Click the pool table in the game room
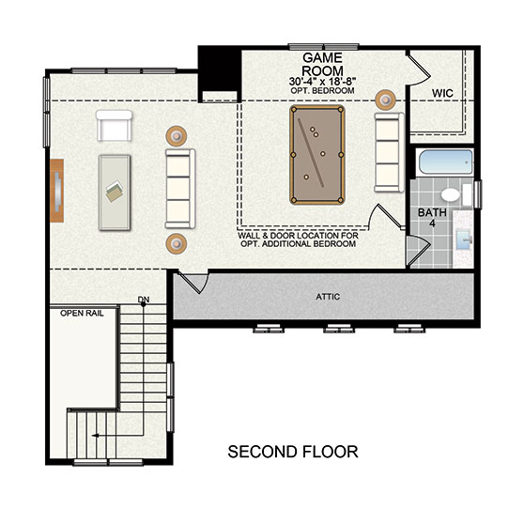point(317,155)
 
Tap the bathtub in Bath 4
point(446,162)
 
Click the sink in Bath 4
point(464,239)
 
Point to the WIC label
point(442,93)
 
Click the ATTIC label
point(328,297)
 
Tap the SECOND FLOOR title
point(293,452)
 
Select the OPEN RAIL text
point(82,313)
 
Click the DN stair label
point(144,300)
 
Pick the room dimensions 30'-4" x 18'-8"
point(322,81)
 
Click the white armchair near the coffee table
point(114,125)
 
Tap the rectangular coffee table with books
point(115,193)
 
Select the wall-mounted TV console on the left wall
point(56,191)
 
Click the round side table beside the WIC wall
point(385,100)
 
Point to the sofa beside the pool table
point(389,152)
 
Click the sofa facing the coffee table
point(180,189)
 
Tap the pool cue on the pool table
point(311,152)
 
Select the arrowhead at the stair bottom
point(95,436)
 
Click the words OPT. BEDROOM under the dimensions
point(322,90)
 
